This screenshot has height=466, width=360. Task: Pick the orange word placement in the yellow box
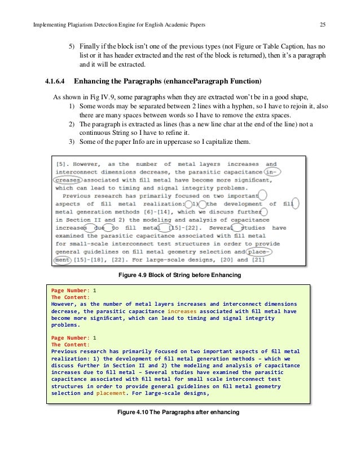113,393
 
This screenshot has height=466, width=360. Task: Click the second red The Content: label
70,344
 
